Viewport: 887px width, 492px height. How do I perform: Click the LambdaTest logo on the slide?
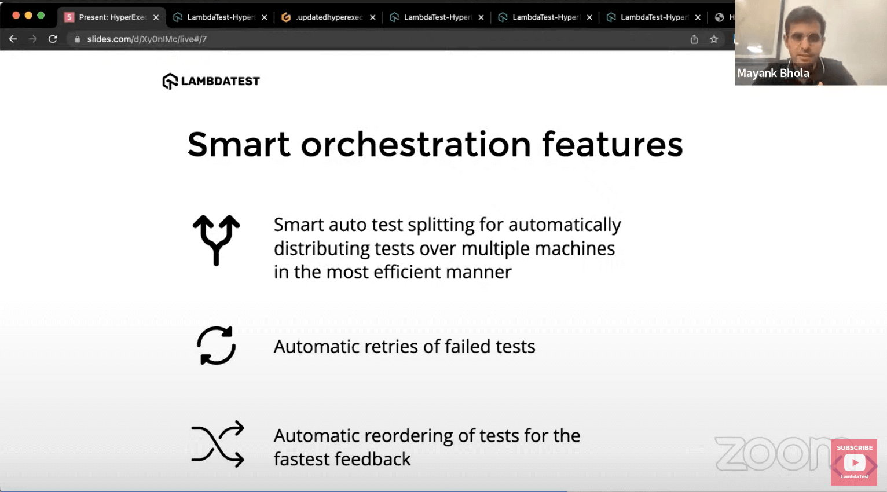pos(211,81)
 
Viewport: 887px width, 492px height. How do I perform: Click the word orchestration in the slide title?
pos(416,144)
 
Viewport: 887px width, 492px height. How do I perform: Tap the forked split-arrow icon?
pos(216,240)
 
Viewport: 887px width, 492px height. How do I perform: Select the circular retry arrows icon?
pos(216,346)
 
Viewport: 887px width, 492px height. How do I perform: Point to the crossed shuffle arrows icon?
pos(218,444)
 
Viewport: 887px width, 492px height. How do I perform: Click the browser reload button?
pos(53,39)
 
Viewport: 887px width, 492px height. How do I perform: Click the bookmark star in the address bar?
pos(714,39)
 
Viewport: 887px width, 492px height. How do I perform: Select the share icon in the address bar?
pos(694,39)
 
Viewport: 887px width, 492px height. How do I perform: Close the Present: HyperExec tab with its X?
pos(156,17)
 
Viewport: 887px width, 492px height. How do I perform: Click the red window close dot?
pos(16,15)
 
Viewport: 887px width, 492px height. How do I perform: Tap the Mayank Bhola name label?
pos(773,74)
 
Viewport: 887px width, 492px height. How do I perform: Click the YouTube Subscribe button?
pos(854,461)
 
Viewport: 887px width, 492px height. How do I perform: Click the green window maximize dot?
pos(41,15)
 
